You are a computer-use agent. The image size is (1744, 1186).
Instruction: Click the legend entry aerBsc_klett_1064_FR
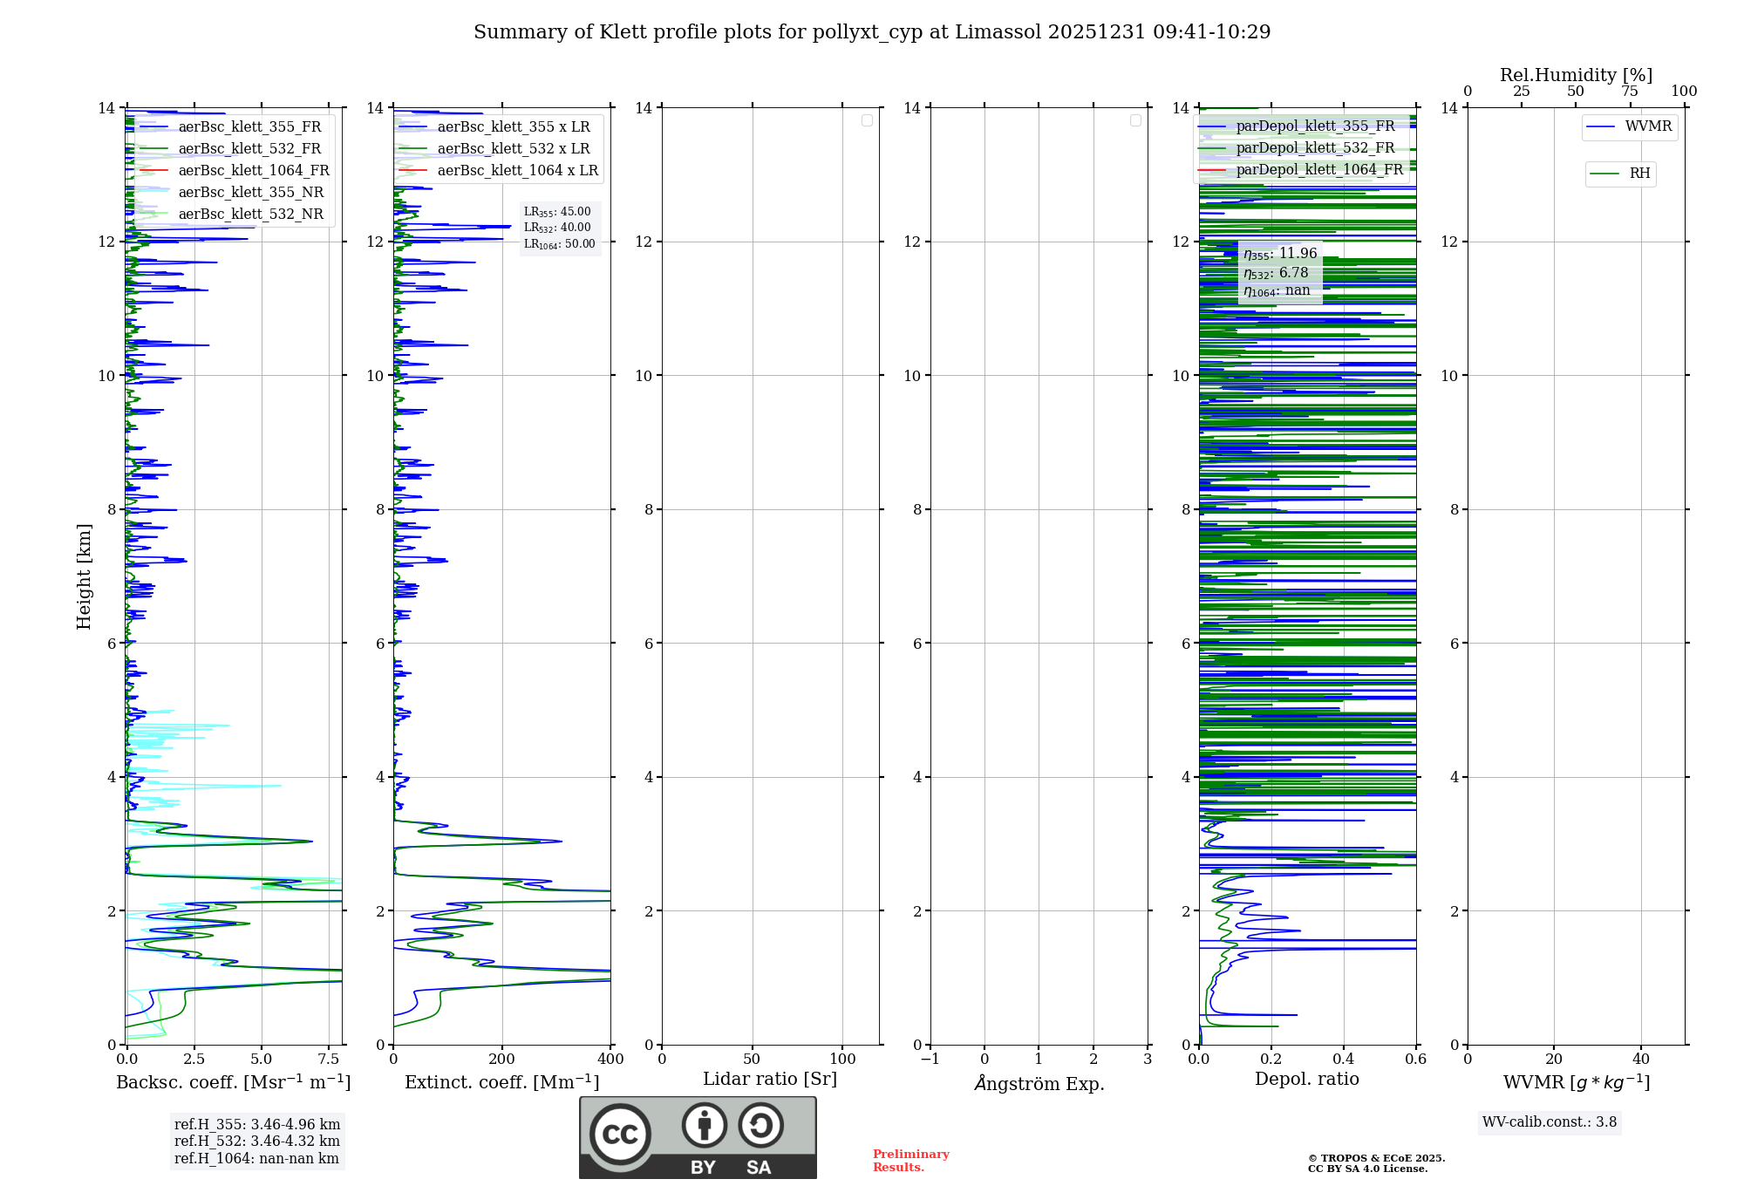254,171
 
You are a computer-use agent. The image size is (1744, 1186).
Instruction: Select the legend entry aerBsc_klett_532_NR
250,215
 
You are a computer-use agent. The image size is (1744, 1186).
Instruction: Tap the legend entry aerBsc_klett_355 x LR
513,127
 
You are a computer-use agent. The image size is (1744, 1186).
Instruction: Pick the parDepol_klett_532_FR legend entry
1315,148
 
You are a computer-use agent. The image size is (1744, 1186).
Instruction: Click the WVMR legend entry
1648,126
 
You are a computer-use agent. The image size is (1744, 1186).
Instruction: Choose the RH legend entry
1639,174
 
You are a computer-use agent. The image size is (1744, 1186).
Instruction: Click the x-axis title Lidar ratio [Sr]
770,1080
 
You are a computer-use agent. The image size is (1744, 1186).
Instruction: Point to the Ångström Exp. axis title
1039,1084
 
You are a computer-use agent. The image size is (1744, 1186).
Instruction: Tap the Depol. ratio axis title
1306,1080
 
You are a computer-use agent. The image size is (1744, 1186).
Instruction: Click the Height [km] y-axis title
84,576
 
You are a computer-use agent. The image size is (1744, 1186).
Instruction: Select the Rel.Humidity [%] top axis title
1576,75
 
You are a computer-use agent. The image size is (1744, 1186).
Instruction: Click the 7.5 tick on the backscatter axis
329,1060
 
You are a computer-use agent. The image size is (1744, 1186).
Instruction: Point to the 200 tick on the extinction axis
502,1060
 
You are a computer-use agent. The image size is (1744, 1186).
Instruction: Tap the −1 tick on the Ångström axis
930,1060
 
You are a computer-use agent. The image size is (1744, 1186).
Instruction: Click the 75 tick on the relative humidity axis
1630,92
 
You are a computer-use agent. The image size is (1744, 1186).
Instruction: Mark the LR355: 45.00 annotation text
557,212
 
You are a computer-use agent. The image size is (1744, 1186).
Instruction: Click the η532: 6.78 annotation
1276,273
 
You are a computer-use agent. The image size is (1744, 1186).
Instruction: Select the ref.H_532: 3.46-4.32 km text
257,1142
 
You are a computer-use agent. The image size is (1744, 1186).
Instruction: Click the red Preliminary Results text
910,1161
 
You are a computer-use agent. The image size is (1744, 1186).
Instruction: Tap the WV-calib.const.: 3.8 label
1550,1122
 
